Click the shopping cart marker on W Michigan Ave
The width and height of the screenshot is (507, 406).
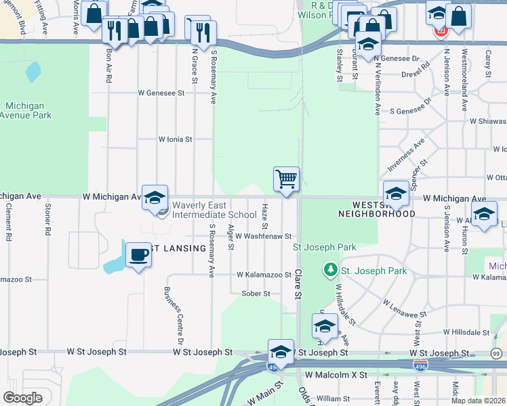point(286,180)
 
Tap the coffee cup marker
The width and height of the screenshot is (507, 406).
point(139,255)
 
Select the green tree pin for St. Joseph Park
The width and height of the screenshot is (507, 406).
point(330,270)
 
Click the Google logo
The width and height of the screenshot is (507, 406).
point(23,398)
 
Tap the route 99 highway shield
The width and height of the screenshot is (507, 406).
point(497,354)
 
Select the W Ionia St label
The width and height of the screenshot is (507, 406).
point(176,139)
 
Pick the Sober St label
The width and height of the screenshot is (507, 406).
point(256,294)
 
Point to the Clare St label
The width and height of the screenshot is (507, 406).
point(298,284)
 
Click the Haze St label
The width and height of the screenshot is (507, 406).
point(265,217)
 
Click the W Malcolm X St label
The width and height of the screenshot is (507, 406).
point(336,374)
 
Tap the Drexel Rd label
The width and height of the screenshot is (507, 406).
point(416,74)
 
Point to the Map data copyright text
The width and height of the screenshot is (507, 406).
point(479,401)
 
